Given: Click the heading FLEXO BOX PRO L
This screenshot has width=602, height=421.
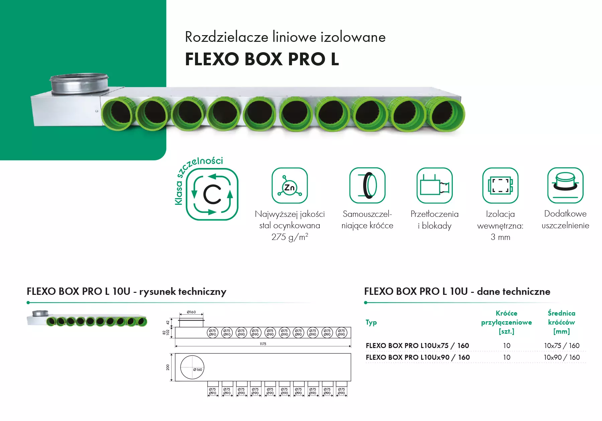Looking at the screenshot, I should point(262,59).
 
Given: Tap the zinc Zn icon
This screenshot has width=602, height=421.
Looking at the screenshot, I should point(289,186).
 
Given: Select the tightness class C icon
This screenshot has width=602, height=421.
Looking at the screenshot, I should point(212,194).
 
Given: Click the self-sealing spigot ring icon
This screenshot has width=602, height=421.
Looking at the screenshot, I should point(367,186).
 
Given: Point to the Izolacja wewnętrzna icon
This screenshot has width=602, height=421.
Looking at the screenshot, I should point(500,186).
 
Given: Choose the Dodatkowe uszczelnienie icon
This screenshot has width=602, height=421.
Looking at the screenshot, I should point(565,186).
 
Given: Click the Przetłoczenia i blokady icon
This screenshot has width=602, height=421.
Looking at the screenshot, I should point(434,186).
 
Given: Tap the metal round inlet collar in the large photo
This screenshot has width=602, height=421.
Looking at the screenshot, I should point(79,83).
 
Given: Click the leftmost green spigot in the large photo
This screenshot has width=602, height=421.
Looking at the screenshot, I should point(117,114).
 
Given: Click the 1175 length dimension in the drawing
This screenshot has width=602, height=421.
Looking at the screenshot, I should point(263,344).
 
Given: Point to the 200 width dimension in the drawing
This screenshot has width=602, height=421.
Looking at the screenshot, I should point(168,367).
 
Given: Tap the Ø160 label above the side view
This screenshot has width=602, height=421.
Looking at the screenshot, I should point(191,312).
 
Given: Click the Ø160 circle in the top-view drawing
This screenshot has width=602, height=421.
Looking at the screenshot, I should point(192,367).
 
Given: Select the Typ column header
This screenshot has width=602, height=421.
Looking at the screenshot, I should point(371,322).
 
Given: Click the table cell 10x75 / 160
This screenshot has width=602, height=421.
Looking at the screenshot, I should point(562,345).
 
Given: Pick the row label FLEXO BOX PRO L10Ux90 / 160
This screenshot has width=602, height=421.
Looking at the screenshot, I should point(418,357).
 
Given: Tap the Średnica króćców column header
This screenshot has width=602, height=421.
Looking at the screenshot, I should point(561,322).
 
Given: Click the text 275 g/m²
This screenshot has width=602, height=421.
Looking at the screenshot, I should point(290,237).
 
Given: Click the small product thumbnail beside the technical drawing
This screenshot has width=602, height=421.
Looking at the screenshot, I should point(87,319).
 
